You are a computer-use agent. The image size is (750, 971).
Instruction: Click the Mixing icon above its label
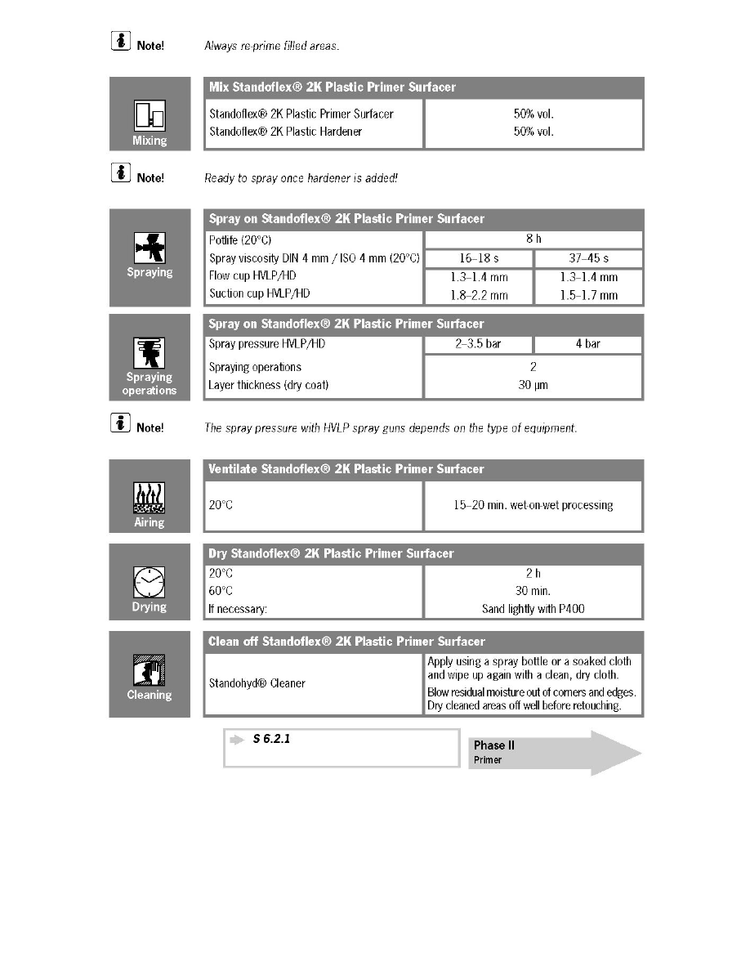coord(150,116)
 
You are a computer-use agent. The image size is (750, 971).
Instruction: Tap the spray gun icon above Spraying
coord(150,247)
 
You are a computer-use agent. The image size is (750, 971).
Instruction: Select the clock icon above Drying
coord(150,582)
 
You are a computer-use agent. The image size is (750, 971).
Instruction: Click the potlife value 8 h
coord(533,239)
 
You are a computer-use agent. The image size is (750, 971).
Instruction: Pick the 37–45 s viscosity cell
coord(588,258)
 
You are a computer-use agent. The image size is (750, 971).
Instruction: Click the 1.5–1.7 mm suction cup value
coord(588,295)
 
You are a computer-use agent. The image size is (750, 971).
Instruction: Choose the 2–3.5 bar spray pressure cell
coord(478,344)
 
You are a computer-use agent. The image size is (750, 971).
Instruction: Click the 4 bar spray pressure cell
coord(588,344)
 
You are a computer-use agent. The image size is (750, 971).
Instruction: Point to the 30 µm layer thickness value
coord(533,385)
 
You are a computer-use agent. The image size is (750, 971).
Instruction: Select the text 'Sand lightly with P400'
coord(533,609)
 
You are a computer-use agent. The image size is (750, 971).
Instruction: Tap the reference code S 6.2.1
coord(272,739)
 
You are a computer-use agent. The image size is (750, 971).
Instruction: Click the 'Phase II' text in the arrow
coord(494,745)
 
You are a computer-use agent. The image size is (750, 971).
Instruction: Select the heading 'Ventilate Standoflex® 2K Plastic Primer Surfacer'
coord(346,469)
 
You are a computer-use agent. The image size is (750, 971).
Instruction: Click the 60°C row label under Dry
coord(221,591)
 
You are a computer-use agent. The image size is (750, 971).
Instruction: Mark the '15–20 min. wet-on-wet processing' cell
coord(533,505)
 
